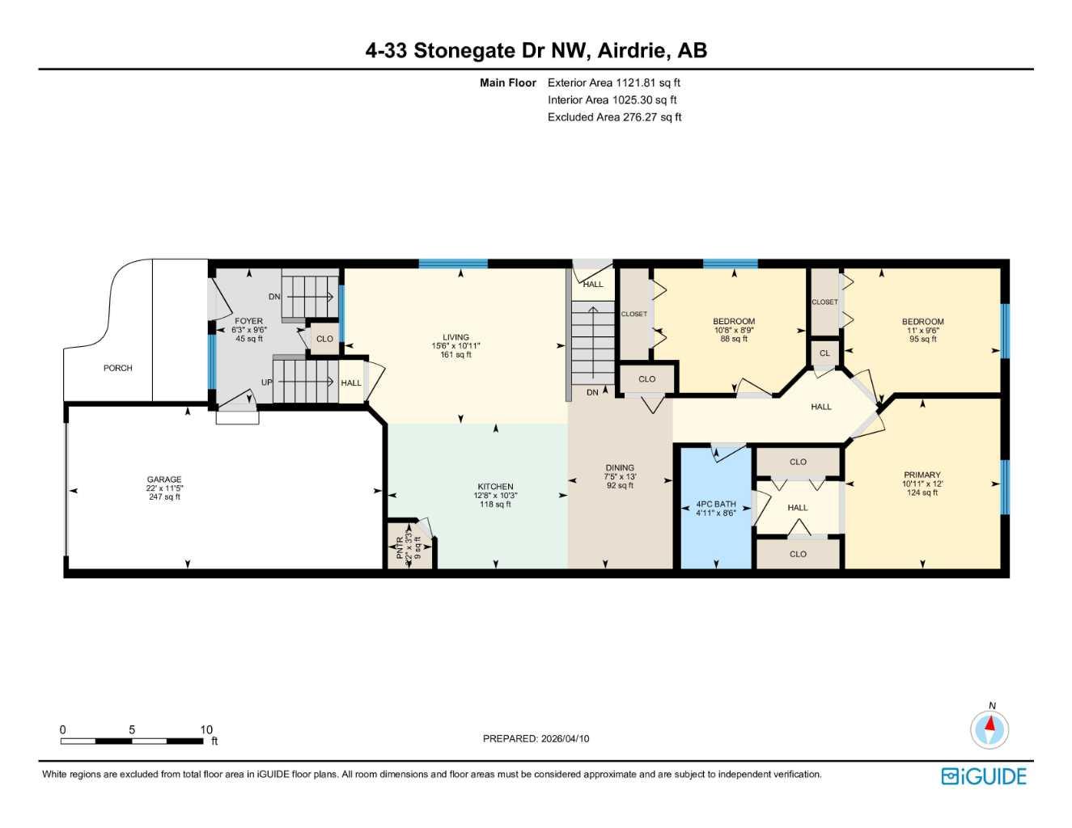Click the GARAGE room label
tap(164, 479)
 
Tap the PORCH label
tap(117, 368)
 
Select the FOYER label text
tap(248, 321)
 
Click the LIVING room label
tap(455, 337)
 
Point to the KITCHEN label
tap(495, 487)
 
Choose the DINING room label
tap(620, 467)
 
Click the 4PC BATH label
tap(716, 504)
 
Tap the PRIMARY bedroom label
tap(922, 475)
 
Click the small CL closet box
tap(824, 353)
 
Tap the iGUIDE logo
tap(984, 776)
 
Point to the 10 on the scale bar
tap(206, 729)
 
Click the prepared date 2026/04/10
tap(536, 738)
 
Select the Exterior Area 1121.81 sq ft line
tap(614, 82)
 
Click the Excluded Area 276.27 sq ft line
tap(614, 117)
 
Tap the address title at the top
tap(536, 50)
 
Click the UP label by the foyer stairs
tap(266, 382)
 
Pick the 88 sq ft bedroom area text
tap(734, 340)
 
